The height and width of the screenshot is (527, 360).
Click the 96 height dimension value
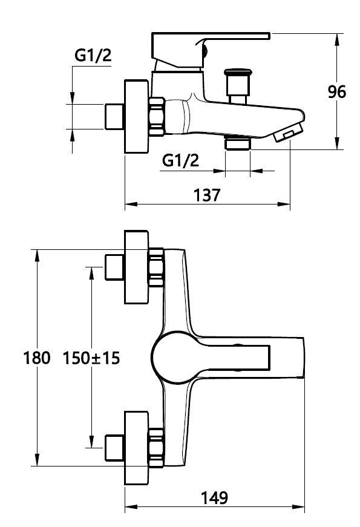click(x=336, y=92)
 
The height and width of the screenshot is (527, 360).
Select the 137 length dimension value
click(x=207, y=195)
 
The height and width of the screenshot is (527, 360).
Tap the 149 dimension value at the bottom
click(x=214, y=498)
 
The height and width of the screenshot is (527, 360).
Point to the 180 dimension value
click(x=37, y=358)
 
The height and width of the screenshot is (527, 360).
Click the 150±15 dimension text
click(x=91, y=358)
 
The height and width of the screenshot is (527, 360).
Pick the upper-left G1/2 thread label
click(x=93, y=56)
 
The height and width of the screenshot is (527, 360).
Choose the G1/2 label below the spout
click(x=180, y=161)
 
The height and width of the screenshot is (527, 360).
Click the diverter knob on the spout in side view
click(x=238, y=86)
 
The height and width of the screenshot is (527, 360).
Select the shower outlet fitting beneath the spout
click(x=238, y=143)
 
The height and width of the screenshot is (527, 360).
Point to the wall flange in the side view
click(x=137, y=116)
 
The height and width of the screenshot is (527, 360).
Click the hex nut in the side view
click(x=157, y=117)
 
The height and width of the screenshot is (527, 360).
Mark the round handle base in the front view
click(x=173, y=357)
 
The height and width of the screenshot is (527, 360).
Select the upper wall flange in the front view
click(x=137, y=267)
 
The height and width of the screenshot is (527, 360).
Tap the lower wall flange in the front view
click(x=137, y=448)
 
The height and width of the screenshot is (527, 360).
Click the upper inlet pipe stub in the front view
click(x=114, y=267)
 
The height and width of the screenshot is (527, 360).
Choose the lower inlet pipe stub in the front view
click(x=114, y=448)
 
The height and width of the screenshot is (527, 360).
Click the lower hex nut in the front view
click(x=156, y=448)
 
